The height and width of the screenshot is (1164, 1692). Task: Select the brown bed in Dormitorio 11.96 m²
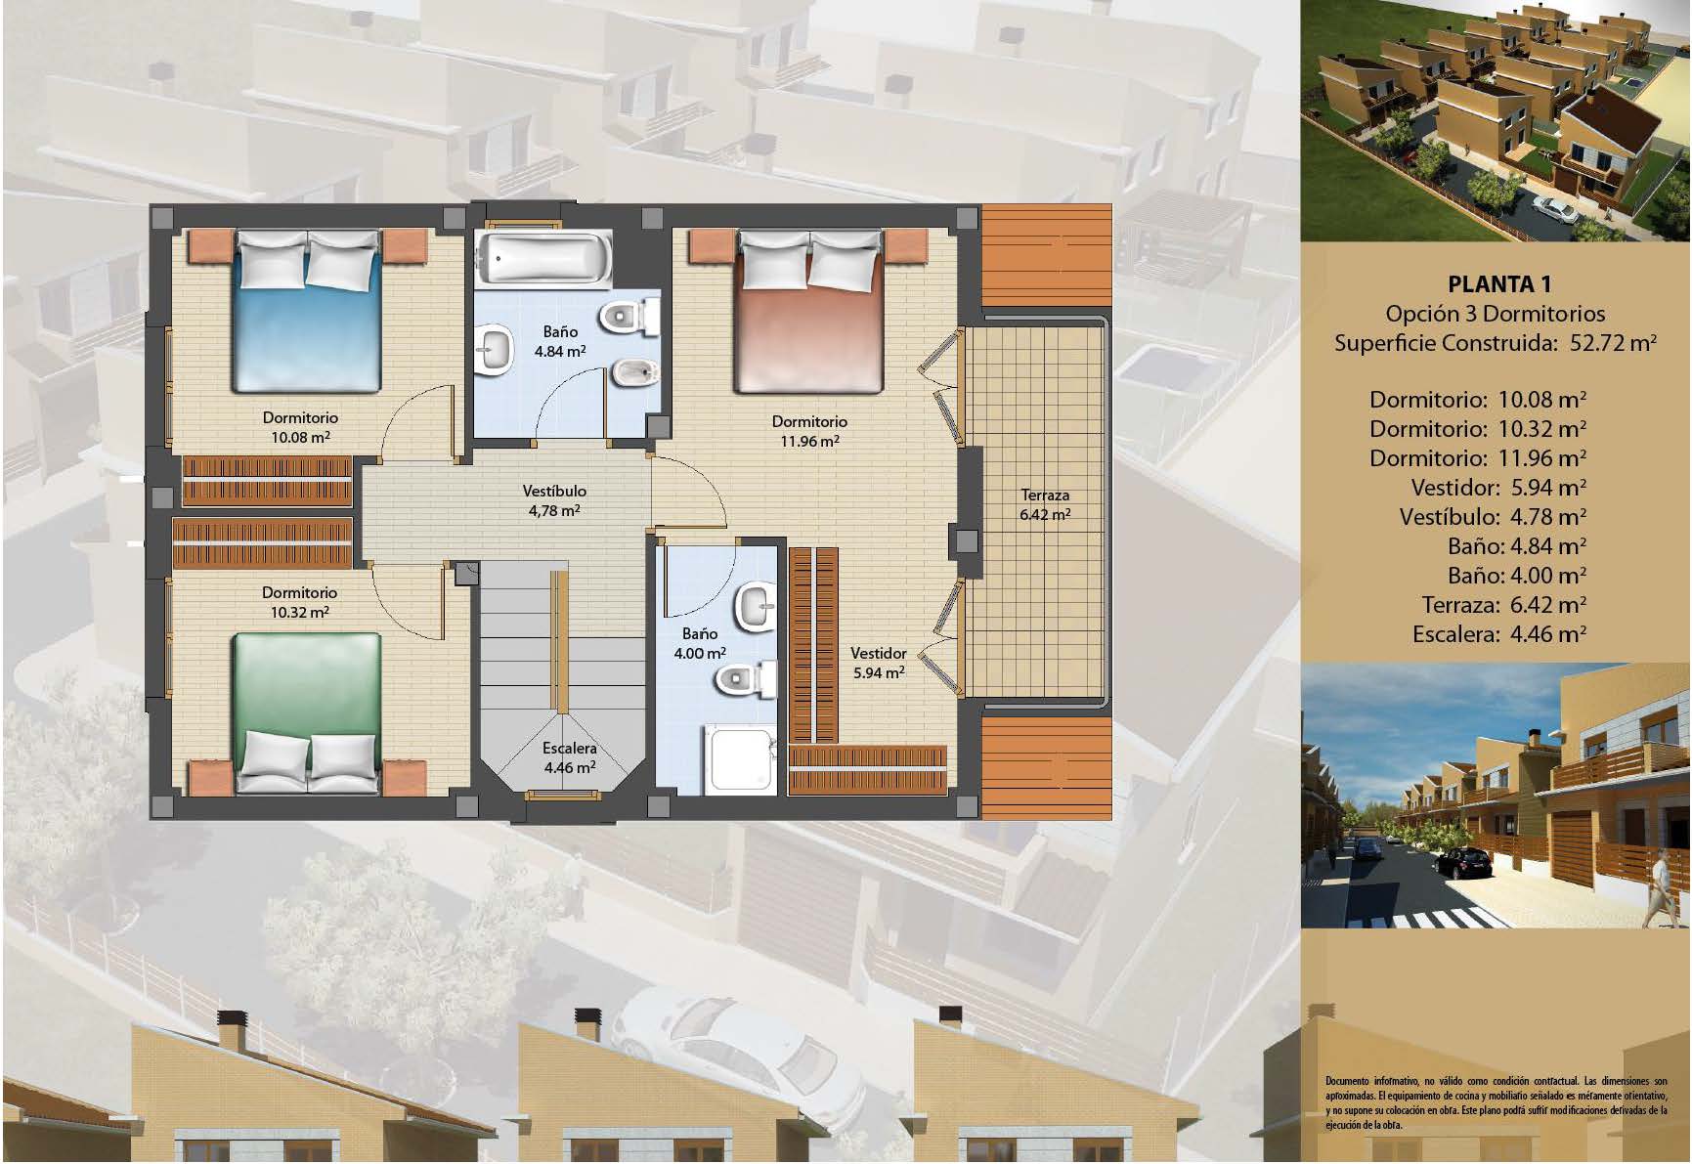[809, 311]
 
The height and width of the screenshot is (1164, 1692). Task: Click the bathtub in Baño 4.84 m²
[543, 258]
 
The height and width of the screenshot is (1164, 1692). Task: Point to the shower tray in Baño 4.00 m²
[742, 757]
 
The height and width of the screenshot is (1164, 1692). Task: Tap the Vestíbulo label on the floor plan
[554, 491]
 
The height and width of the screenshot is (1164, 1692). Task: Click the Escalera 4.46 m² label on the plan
[570, 757]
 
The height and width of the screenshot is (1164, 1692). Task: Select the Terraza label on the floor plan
[1045, 495]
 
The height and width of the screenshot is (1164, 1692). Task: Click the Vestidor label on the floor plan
[878, 653]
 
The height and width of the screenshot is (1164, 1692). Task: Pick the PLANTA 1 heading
[1498, 284]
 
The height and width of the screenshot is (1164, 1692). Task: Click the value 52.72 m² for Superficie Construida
[1613, 343]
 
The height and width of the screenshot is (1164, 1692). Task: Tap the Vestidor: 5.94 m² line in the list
[1498, 487]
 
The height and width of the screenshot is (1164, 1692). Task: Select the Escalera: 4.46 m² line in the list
[1499, 633]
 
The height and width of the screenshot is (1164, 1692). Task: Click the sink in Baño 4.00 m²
[755, 605]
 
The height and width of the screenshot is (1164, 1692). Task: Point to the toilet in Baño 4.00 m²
[754, 679]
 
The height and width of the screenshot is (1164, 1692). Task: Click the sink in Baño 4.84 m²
[495, 350]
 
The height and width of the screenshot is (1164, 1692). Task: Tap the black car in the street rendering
[1467, 861]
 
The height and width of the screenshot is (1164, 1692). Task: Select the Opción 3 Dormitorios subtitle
[1496, 314]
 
